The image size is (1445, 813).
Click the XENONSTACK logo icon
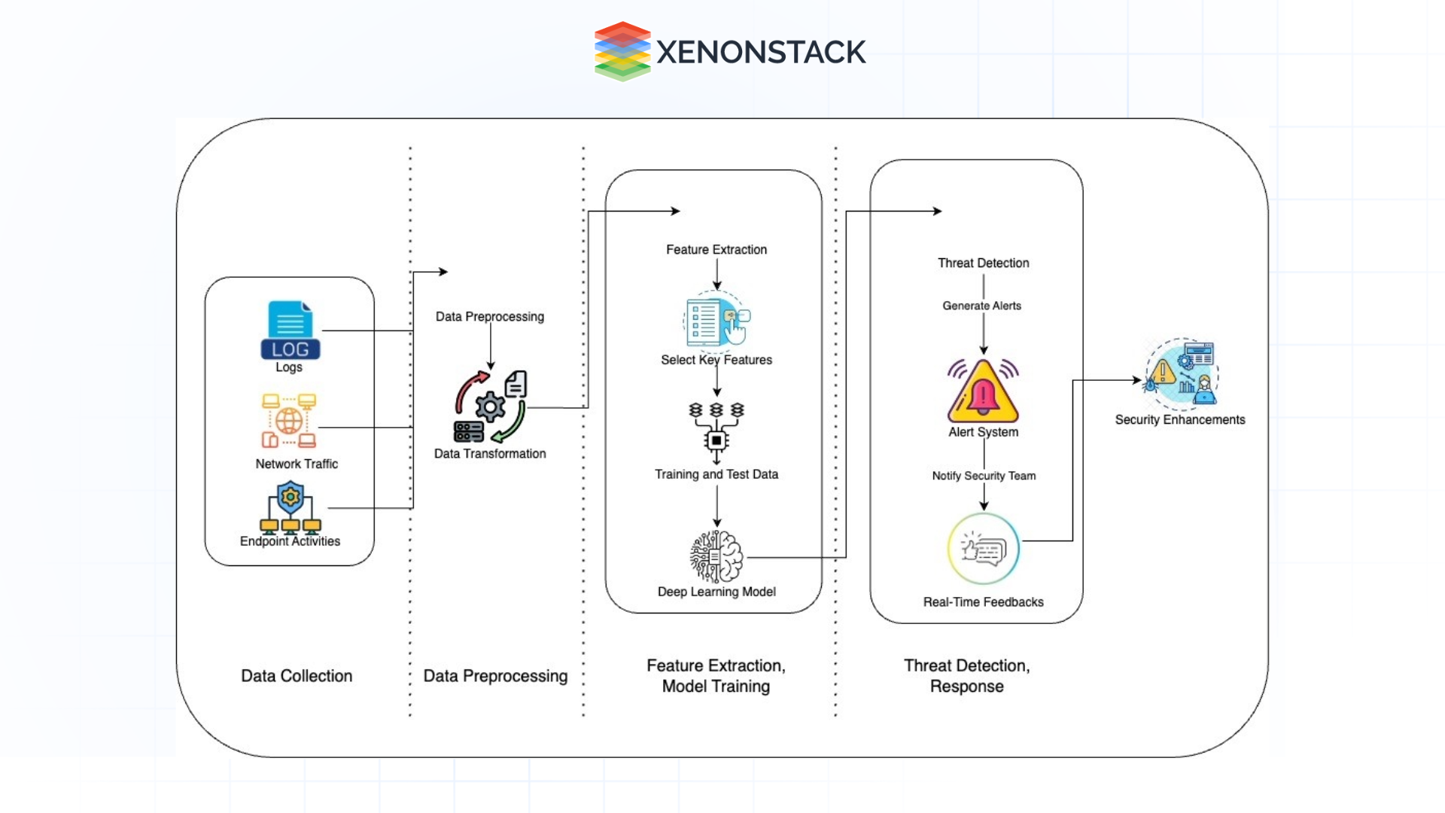[x=622, y=51]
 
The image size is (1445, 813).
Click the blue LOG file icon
[x=290, y=330]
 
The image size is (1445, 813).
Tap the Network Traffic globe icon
[x=289, y=421]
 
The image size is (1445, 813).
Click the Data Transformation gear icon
[x=490, y=406]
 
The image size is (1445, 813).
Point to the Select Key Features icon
[x=716, y=322]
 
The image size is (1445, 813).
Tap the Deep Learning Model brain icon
[x=716, y=556]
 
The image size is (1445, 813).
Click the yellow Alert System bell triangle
[x=983, y=392]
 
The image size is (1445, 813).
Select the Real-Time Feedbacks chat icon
[x=983, y=549]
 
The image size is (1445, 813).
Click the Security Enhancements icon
[x=1181, y=374]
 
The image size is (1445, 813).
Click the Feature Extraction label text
[x=716, y=249]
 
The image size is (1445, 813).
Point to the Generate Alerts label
[x=981, y=306]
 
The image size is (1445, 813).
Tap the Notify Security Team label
[x=984, y=476]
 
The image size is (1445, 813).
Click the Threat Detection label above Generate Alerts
[x=983, y=263]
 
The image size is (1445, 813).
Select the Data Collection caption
[x=297, y=676]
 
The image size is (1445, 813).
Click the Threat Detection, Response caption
[x=966, y=676]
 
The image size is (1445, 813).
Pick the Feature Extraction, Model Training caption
[x=716, y=676]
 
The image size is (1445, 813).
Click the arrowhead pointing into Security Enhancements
[x=1138, y=380]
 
